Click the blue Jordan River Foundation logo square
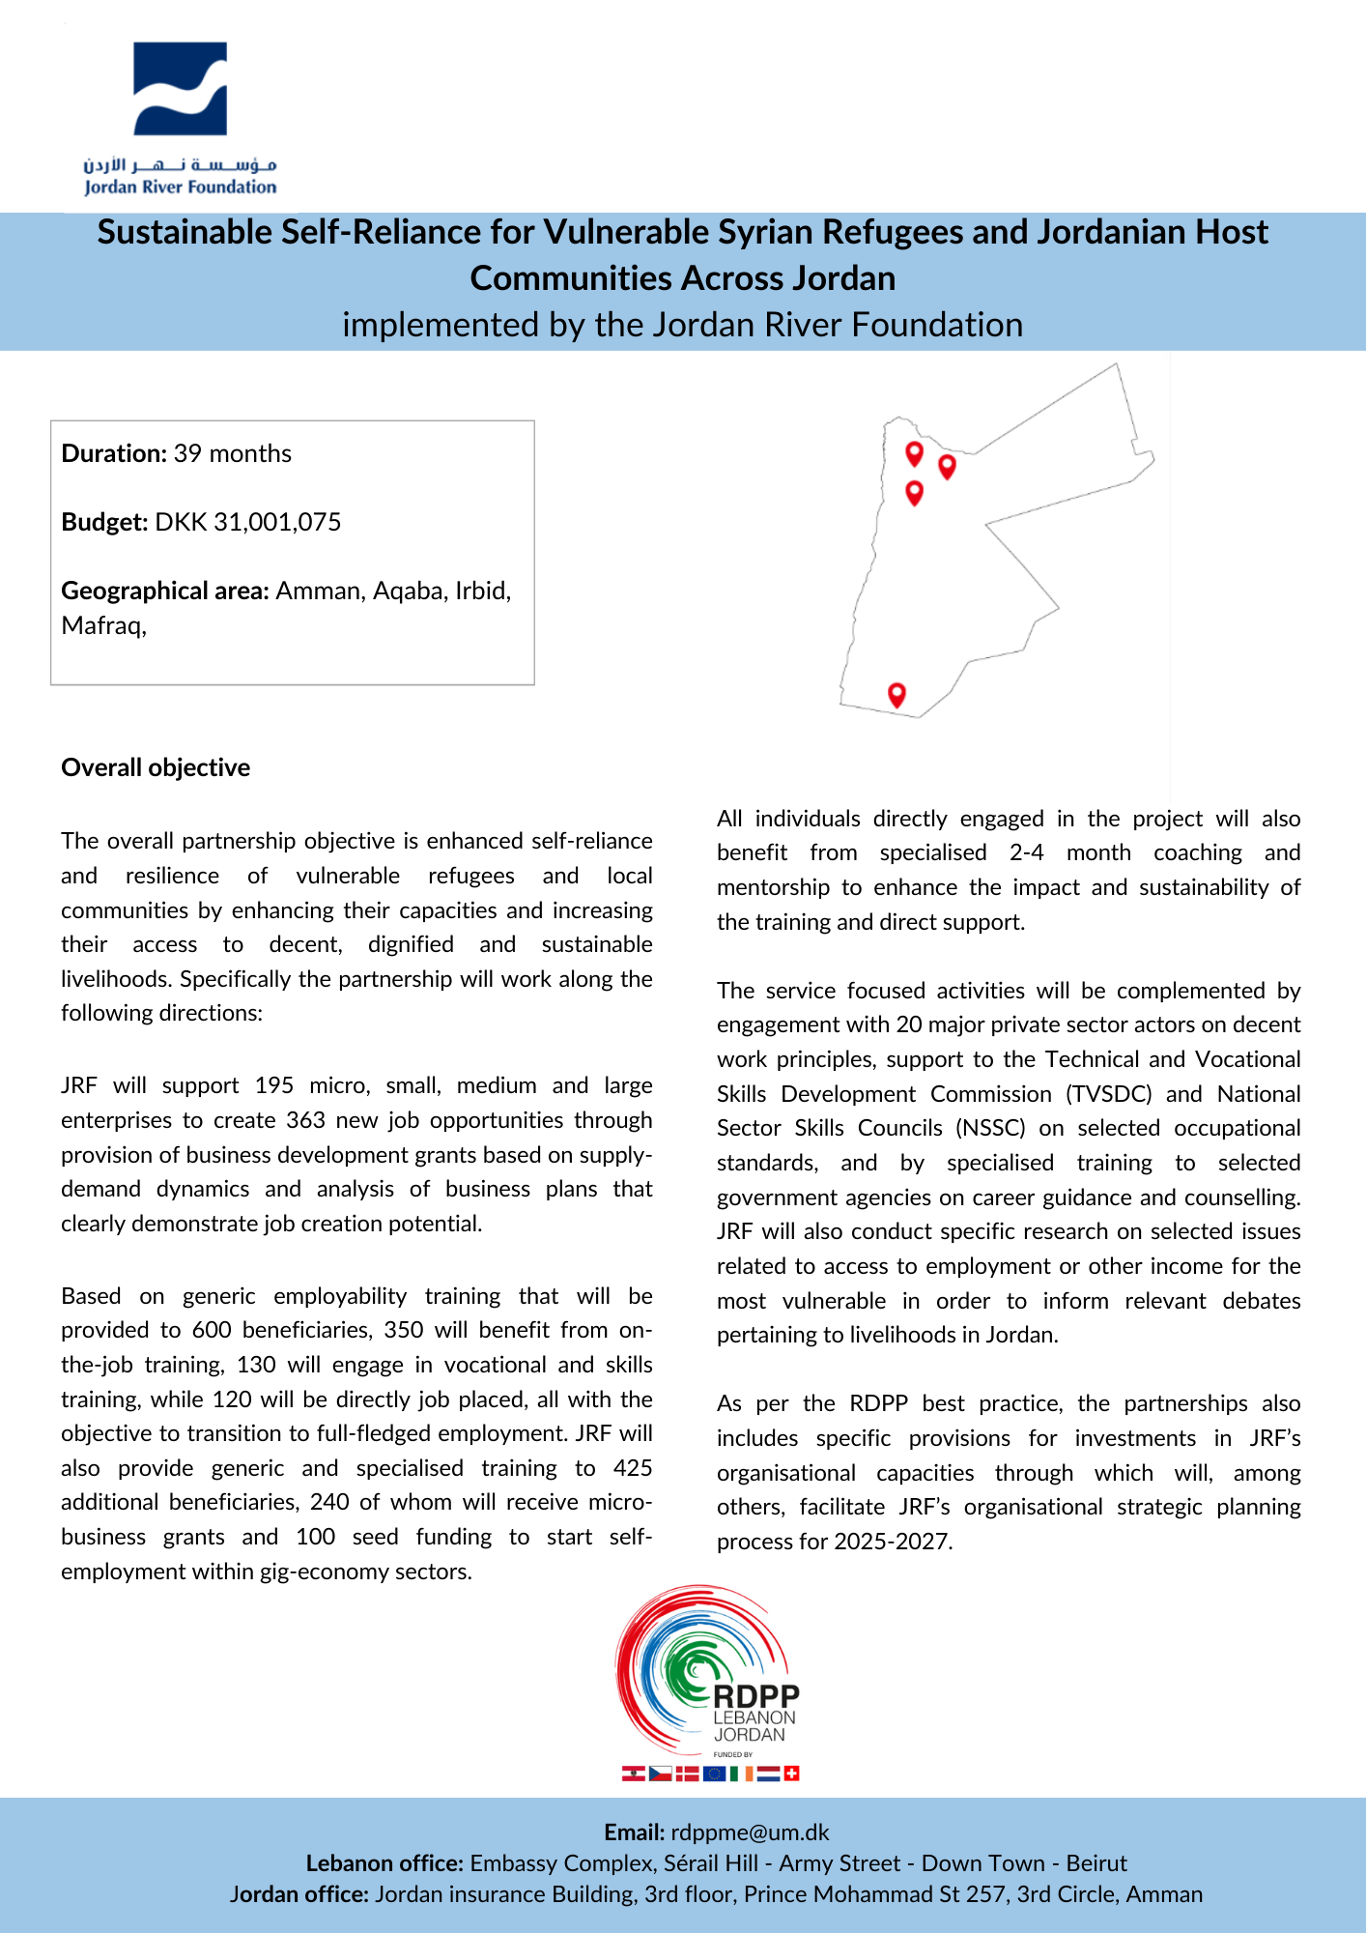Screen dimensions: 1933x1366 pos(180,88)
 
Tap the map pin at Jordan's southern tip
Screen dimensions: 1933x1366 pos(896,694)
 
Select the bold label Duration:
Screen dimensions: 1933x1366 pos(114,454)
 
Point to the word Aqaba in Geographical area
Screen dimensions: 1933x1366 pos(405,591)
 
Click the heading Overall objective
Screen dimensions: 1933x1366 pos(156,767)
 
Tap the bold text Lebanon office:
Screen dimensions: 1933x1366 pos(384,1863)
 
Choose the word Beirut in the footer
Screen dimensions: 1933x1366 pos(1096,1863)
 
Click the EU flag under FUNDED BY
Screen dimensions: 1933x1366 pos(714,1774)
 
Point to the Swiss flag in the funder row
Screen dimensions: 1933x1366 pos(791,1774)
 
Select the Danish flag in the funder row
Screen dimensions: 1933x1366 pos(687,1774)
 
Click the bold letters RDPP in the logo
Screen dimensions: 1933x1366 pos(756,1697)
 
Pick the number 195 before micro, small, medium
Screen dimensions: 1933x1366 pos(274,1085)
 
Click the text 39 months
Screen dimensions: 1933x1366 pos(232,454)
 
